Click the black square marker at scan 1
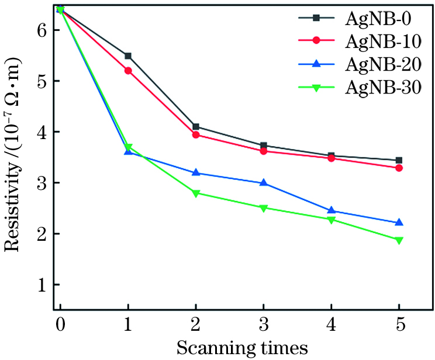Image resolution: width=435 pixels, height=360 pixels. point(127,56)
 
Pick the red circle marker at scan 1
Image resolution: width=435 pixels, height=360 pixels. point(127,71)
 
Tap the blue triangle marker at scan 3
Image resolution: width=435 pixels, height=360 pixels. point(264,183)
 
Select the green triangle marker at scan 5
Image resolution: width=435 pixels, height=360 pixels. point(399,240)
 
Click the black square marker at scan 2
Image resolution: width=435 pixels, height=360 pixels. point(196,127)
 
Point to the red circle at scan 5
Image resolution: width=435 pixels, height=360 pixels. point(399,168)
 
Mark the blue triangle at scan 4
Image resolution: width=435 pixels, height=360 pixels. point(332,210)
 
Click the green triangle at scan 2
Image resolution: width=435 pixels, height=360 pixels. point(196,193)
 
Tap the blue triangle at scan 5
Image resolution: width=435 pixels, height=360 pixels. point(399,222)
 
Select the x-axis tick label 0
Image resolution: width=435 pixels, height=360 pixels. point(60,323)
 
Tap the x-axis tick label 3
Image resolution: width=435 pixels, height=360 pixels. point(264,323)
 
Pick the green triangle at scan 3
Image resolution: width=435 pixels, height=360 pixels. point(264,208)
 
